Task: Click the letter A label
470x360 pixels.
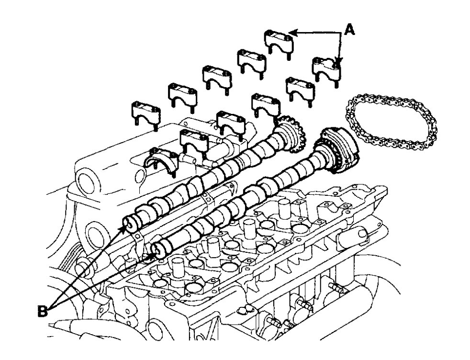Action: [349, 30]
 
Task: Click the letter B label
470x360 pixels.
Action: [43, 311]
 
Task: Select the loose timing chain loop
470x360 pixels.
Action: [391, 122]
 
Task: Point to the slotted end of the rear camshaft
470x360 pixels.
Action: [131, 224]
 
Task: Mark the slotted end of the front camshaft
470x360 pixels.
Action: [157, 250]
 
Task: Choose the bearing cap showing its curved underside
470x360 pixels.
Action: [161, 161]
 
